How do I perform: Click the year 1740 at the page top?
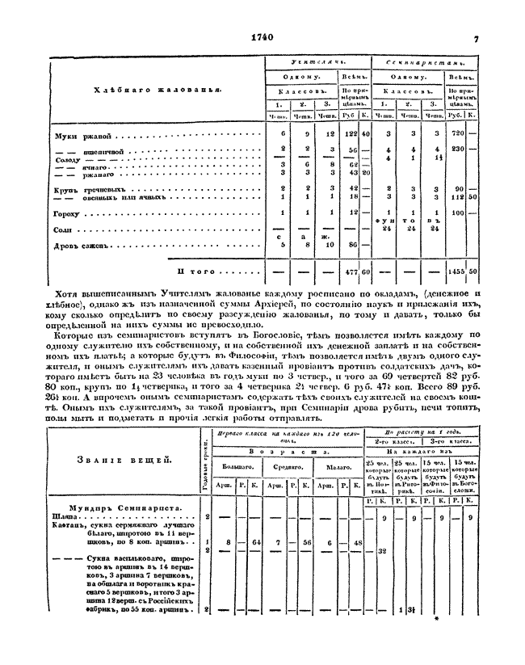pyautogui.click(x=263, y=37)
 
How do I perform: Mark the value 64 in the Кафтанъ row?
pyautogui.click(x=257, y=542)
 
